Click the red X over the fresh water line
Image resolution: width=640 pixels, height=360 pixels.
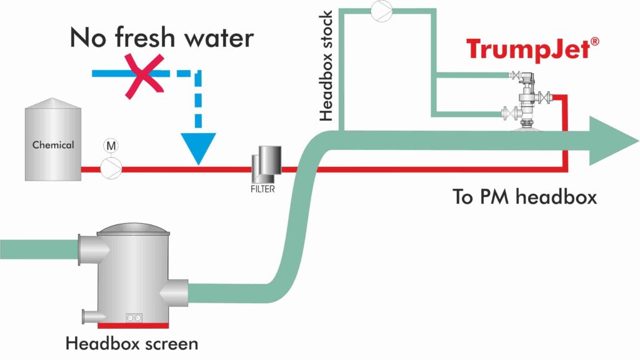click(x=144, y=75)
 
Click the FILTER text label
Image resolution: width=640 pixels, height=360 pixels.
click(x=263, y=188)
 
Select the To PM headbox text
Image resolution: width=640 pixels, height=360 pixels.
click(x=525, y=197)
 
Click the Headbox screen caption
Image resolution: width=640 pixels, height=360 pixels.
click(x=132, y=344)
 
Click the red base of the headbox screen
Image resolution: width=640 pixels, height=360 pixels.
click(x=132, y=324)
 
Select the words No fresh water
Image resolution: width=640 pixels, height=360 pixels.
click(x=161, y=37)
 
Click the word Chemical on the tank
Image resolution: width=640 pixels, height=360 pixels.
click(x=53, y=145)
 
